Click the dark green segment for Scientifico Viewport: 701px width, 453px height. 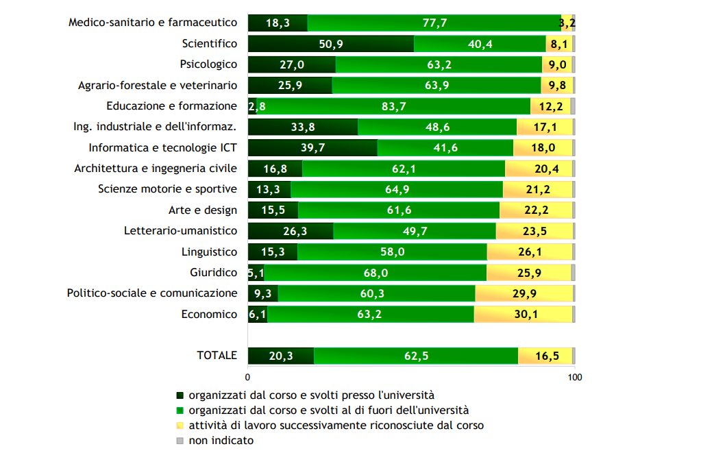tap(330, 44)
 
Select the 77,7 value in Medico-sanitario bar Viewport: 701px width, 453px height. tap(434, 23)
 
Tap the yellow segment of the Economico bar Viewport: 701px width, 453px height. tap(523, 315)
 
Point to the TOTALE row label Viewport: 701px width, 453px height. tap(217, 356)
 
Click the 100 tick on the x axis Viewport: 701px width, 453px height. tap(575, 377)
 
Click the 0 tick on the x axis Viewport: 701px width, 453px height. tap(247, 377)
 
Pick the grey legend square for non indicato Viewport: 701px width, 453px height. tap(180, 441)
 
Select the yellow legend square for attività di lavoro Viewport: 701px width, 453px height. tap(180, 426)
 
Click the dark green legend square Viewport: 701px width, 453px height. tap(180, 395)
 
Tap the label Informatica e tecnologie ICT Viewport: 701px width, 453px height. tap(162, 148)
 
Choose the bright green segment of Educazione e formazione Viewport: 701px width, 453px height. tap(393, 106)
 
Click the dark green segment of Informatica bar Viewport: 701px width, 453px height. tap(312, 148)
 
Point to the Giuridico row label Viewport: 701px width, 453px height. tap(213, 273)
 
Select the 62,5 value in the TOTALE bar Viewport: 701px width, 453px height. tap(416, 356)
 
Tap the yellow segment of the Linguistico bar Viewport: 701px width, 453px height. tap(529, 252)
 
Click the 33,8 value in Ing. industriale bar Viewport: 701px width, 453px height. tap(303, 127)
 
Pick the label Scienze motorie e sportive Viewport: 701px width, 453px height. tap(167, 189)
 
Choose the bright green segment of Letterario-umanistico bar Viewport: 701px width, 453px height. tap(415, 232)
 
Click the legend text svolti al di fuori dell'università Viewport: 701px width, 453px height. tap(329, 411)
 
